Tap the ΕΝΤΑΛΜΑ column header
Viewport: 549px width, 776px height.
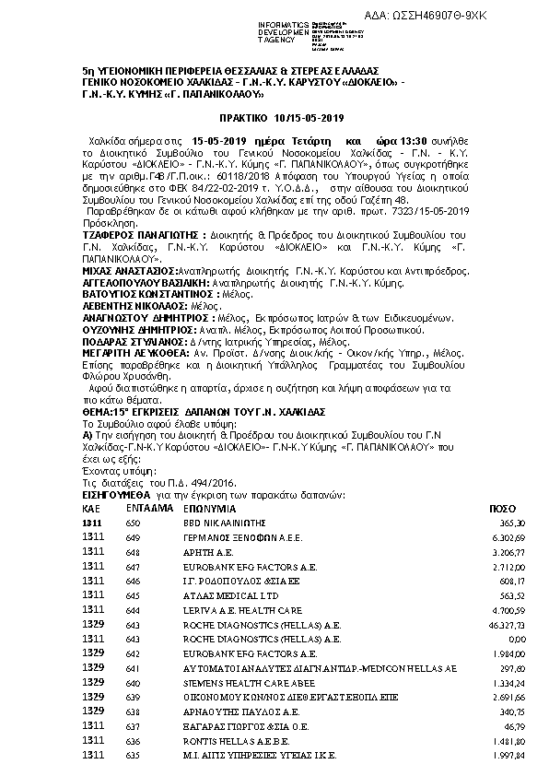[147, 509]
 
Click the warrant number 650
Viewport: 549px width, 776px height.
[133, 523]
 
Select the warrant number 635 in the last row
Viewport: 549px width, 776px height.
[133, 756]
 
